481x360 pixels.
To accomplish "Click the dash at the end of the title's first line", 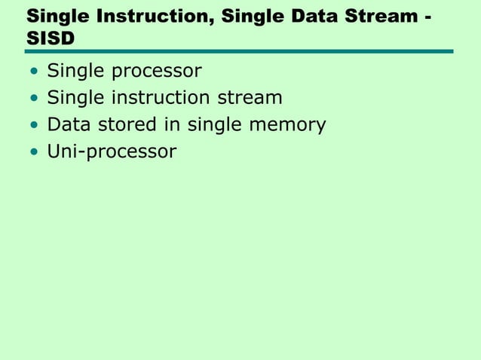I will point(428,17).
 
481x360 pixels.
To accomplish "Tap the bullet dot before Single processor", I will point(33,73).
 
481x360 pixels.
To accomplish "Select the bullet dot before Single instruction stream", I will point(33,99).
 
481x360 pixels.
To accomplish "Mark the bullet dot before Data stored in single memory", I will point(33,126).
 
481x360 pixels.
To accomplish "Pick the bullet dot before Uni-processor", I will point(33,153).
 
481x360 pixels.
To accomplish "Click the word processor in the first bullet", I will point(157,73).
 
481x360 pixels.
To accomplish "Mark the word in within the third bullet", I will point(173,124).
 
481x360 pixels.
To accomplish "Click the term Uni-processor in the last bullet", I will point(112,152).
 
